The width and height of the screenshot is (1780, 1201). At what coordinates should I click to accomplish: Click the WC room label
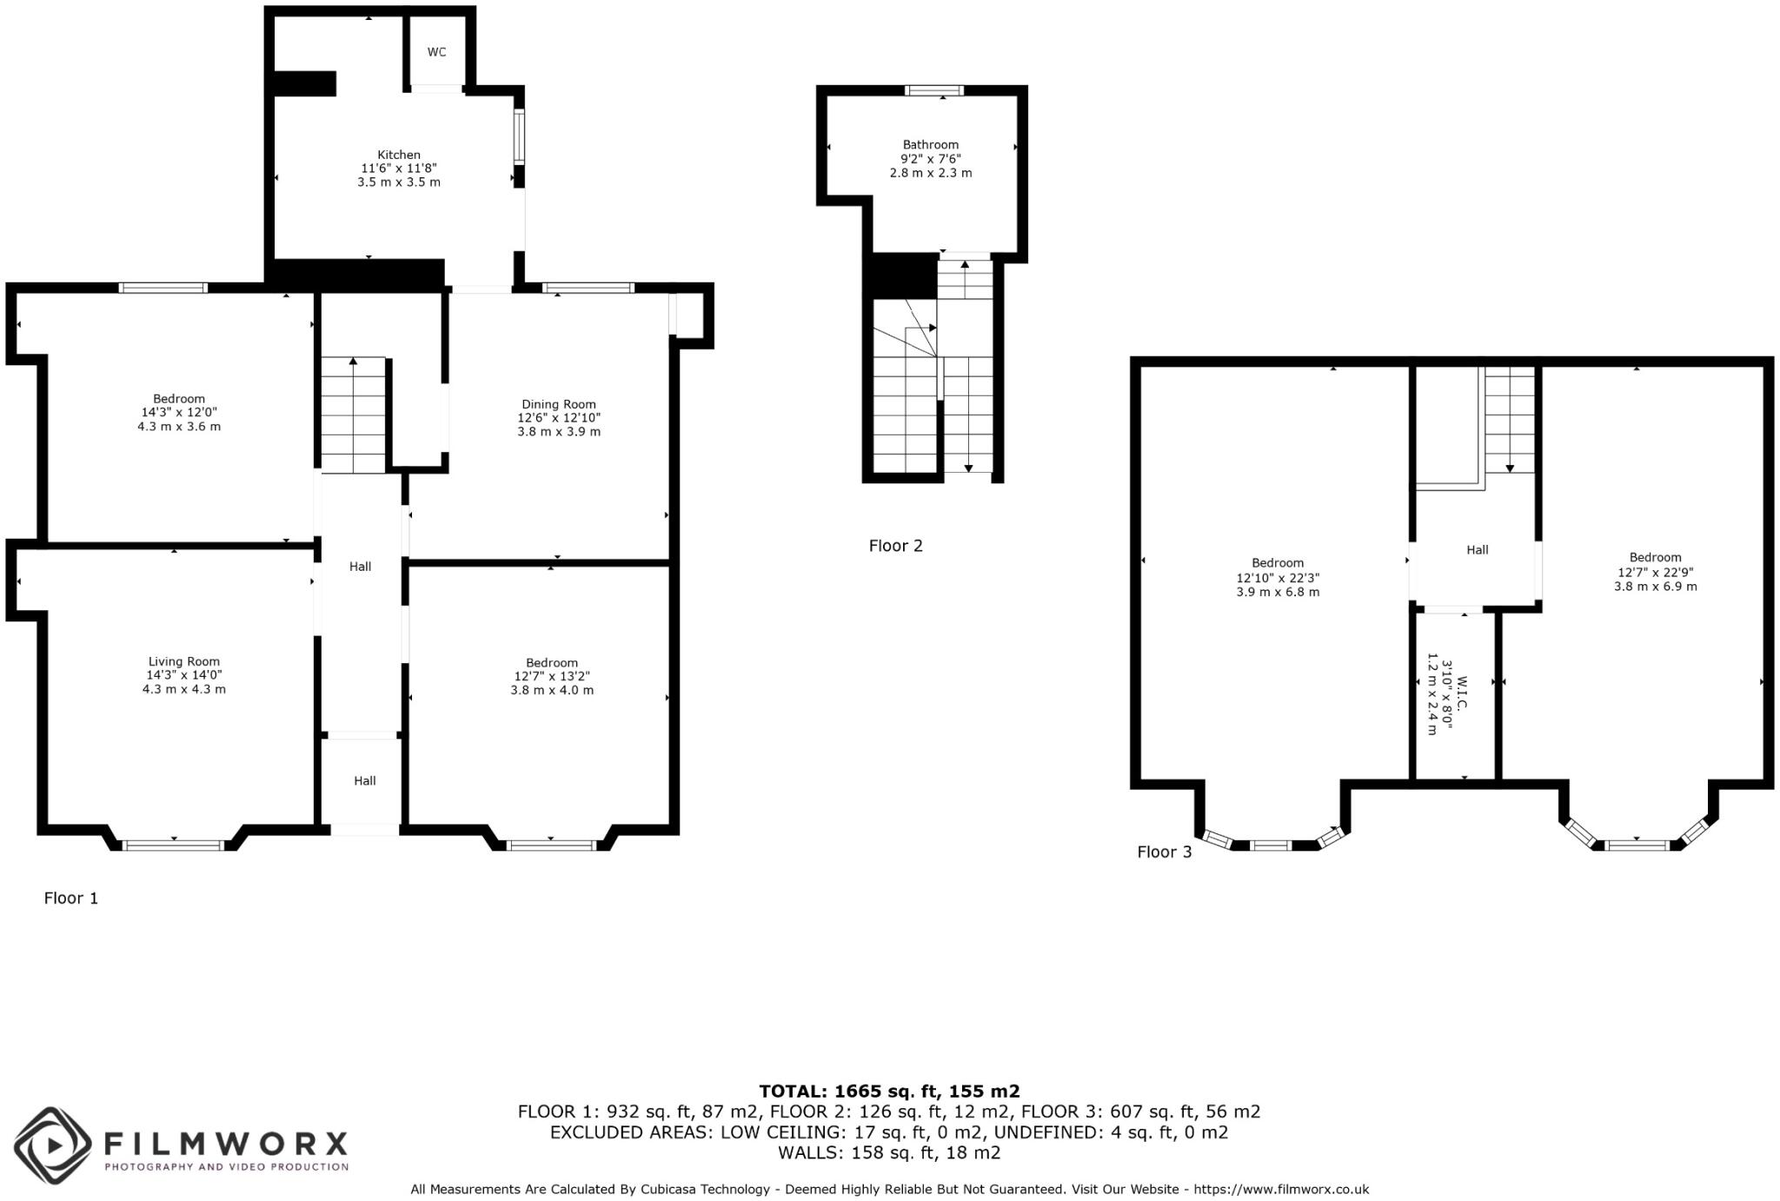click(436, 52)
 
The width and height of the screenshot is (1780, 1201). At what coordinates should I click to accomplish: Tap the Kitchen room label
click(399, 155)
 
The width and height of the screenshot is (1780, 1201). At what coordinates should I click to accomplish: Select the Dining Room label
click(559, 404)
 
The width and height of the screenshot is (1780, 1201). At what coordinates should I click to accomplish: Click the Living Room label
click(184, 661)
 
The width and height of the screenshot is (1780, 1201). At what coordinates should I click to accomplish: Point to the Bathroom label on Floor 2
click(930, 145)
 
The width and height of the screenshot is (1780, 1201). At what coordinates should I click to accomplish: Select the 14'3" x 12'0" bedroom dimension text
click(179, 413)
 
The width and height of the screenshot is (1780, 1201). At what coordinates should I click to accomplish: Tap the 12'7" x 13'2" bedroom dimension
click(552, 676)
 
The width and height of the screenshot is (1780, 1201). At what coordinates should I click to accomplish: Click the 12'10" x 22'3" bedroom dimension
click(1278, 578)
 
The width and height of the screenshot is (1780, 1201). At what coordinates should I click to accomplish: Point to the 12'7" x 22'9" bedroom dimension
click(1655, 572)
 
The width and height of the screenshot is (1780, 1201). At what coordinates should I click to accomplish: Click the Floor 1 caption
click(71, 899)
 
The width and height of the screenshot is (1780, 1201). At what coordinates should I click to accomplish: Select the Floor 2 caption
click(895, 546)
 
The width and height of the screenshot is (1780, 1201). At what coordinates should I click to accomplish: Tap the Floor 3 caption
click(1165, 853)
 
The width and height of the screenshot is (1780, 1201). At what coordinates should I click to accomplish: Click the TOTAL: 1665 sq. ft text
click(889, 1092)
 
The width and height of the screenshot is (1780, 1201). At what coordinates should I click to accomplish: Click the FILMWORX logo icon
click(52, 1145)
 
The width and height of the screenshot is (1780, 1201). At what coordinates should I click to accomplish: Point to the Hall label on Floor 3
click(1477, 550)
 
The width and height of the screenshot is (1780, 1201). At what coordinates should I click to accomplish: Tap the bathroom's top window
click(934, 90)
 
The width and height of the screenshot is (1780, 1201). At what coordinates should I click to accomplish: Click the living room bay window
click(174, 845)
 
